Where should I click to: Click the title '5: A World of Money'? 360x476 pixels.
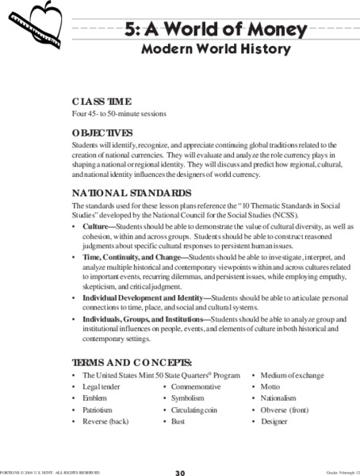216,31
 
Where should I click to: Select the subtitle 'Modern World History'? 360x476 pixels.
216,49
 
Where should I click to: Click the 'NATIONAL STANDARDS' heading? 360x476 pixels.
131,193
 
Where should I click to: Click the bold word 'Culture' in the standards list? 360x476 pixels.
96,226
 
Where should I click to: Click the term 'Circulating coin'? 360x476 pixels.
196,409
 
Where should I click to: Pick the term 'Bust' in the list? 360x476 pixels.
178,421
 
